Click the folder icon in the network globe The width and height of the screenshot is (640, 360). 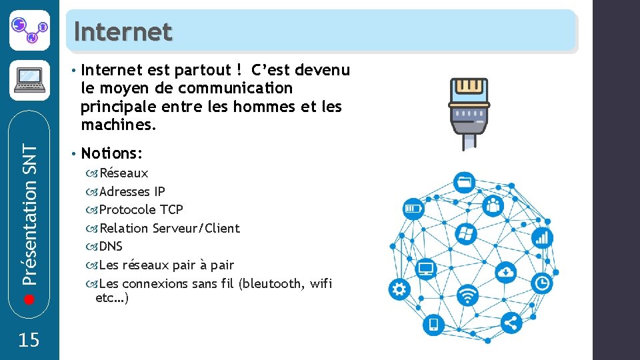[x=464, y=181]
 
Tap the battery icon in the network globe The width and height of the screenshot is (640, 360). [x=413, y=209]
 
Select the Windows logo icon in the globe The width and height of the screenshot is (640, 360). [x=465, y=234]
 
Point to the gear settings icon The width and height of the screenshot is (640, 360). [x=399, y=289]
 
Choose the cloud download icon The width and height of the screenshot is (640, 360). [x=507, y=271]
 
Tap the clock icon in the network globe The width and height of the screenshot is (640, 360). [x=543, y=283]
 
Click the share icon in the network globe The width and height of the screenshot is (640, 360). [x=511, y=323]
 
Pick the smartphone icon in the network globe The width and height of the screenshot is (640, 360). [x=433, y=325]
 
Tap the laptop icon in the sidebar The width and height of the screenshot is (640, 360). [x=29, y=81]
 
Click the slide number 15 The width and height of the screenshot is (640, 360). [x=29, y=341]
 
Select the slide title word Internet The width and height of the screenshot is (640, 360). [x=123, y=31]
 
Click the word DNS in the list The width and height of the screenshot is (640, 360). [x=111, y=247]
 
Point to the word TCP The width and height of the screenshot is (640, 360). [x=172, y=209]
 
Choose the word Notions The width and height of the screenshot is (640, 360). [x=110, y=154]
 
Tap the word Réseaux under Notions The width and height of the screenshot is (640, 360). [x=123, y=173]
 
